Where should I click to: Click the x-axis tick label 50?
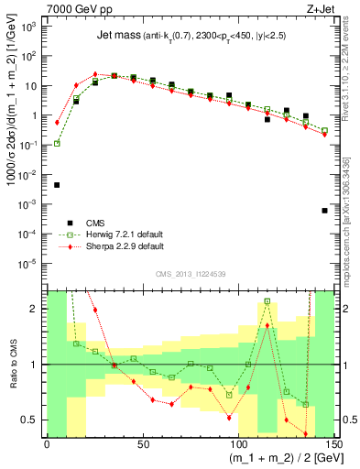click(142, 443)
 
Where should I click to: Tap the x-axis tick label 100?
click(238, 443)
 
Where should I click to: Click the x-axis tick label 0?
click(47, 443)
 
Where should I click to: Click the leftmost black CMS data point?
click(57, 185)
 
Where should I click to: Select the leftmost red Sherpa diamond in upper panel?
click(57, 122)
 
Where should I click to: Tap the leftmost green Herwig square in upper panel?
click(57, 143)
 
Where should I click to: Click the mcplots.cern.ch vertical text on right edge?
click(350, 229)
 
